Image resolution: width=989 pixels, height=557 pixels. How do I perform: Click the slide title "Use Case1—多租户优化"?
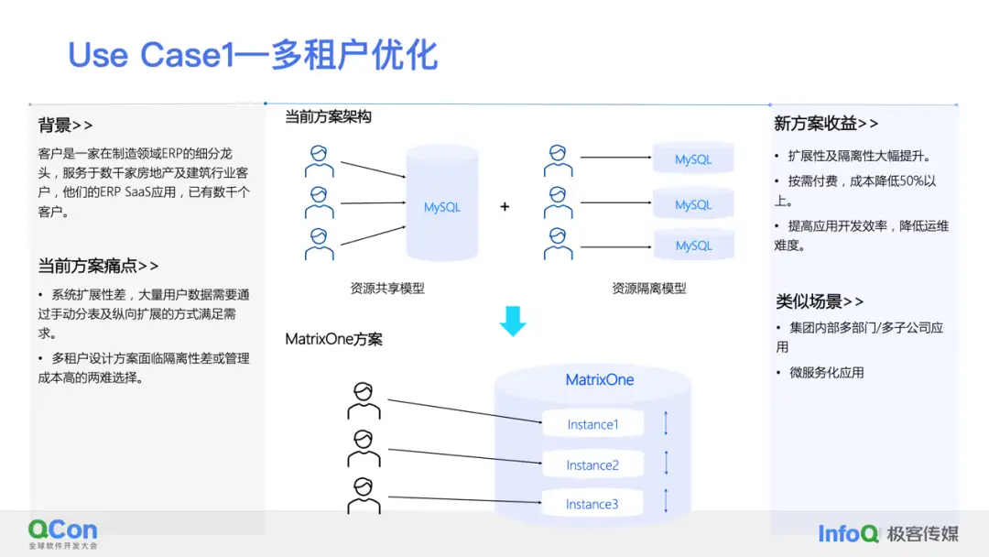click(253, 55)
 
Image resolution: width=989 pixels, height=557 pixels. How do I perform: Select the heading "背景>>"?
click(65, 126)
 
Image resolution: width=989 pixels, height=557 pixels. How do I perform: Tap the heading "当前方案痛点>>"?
click(98, 266)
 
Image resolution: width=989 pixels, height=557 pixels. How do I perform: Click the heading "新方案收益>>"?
click(826, 124)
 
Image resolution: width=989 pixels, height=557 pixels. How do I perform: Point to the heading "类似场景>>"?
click(820, 301)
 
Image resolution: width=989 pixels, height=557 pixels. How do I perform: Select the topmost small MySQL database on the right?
click(693, 158)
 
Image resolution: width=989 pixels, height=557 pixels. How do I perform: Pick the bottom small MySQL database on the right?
click(693, 245)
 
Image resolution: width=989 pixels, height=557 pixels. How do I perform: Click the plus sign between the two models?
click(505, 207)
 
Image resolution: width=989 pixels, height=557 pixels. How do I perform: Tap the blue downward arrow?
click(513, 321)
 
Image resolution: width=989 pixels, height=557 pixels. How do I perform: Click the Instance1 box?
click(592, 424)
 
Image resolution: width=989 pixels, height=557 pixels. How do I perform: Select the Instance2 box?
click(592, 464)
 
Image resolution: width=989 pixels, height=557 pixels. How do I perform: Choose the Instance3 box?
click(592, 504)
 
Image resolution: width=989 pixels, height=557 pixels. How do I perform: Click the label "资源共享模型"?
click(387, 288)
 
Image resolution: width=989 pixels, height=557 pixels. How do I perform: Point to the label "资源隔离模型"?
click(649, 288)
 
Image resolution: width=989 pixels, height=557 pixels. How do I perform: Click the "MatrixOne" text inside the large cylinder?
click(600, 379)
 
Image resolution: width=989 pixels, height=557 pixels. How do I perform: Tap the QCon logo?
click(62, 532)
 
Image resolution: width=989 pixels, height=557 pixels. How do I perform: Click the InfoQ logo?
click(848, 533)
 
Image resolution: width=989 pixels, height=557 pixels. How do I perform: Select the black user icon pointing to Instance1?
click(364, 401)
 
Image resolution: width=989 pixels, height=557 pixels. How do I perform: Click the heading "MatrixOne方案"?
click(334, 339)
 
